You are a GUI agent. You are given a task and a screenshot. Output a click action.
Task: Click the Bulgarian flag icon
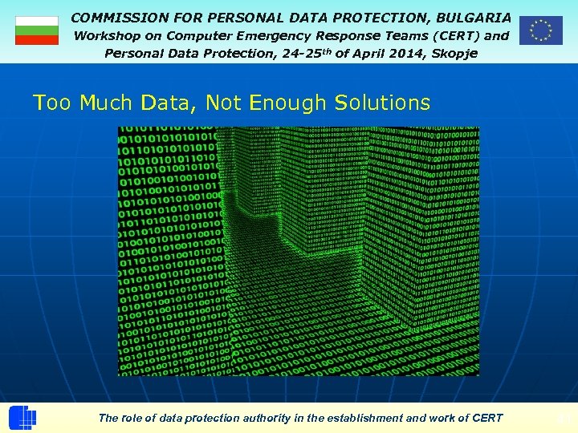click(37, 30)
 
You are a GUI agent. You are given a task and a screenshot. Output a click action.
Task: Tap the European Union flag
click(540, 30)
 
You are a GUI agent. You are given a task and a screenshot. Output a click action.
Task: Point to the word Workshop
click(108, 35)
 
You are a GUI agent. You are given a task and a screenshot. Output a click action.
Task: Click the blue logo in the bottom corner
click(22, 418)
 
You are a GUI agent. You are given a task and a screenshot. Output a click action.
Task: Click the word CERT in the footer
click(487, 418)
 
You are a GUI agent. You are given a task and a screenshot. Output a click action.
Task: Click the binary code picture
click(299, 251)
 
